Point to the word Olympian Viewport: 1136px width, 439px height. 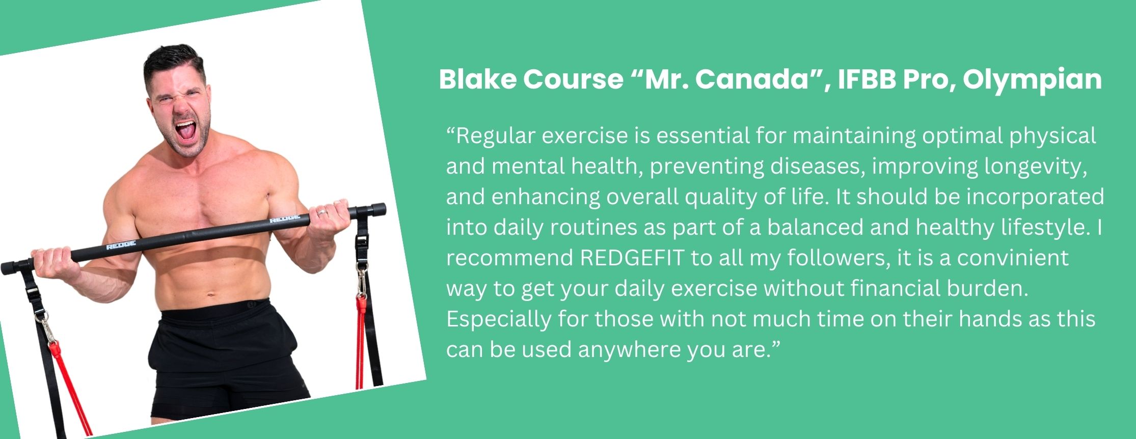pyautogui.click(x=1032, y=80)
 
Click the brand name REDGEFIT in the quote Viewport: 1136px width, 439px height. pyautogui.click(x=632, y=258)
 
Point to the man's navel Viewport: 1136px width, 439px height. pyautogui.click(x=209, y=294)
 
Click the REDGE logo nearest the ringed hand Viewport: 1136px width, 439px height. pyautogui.click(x=284, y=219)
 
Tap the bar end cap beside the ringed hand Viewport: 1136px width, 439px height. pyautogui.click(x=377, y=209)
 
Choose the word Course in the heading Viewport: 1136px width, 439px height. pyautogui.click(x=573, y=79)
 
